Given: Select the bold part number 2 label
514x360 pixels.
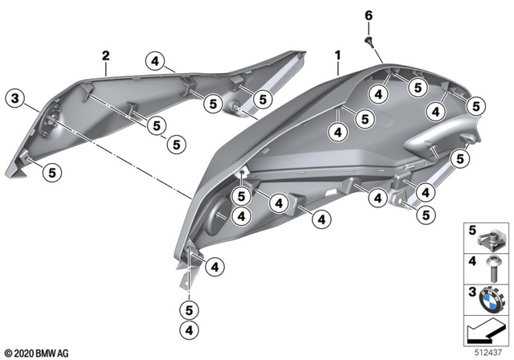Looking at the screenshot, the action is (105, 55).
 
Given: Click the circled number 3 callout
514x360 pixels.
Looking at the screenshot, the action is (14, 99).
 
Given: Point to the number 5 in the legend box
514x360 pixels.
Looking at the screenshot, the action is (471, 231).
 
